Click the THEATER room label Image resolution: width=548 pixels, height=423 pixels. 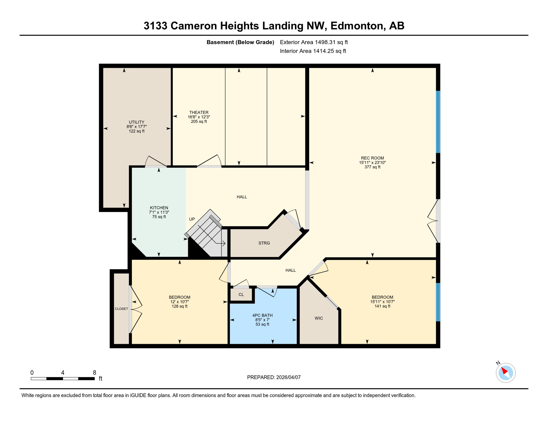199,112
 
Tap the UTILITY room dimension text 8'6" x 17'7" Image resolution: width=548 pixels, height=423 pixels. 136,127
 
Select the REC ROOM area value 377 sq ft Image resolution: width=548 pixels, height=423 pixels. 372,167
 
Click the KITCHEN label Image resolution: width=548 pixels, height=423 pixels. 159,208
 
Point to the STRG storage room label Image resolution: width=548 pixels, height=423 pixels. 264,243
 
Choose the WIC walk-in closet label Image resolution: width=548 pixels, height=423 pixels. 319,318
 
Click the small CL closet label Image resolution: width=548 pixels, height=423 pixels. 241,295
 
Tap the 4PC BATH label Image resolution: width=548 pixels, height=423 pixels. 262,315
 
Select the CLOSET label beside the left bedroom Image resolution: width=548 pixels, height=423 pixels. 121,309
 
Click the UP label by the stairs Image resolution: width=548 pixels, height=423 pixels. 192,219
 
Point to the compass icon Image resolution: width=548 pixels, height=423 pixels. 506,373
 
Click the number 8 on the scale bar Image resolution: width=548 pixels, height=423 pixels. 95,373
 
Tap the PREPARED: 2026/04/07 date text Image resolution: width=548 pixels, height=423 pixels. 274,377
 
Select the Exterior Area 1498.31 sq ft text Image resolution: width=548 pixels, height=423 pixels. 314,42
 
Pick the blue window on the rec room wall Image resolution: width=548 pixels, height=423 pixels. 438,122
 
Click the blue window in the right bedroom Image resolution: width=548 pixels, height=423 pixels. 438,302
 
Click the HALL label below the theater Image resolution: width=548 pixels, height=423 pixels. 241,197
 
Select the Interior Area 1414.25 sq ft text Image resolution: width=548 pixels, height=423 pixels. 313,51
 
